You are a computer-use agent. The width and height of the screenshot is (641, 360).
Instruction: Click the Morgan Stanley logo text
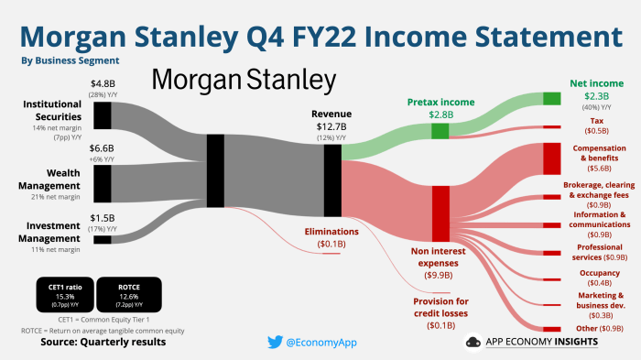click(x=243, y=80)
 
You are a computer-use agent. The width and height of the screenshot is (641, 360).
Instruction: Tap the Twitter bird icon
click(x=275, y=342)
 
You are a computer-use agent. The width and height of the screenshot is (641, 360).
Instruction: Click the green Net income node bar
click(x=551, y=98)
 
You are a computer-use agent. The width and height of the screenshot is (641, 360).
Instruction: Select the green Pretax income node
click(x=440, y=131)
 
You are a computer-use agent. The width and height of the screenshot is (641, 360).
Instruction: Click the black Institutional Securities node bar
click(x=103, y=115)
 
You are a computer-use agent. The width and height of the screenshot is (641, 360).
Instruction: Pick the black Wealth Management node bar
click(x=103, y=183)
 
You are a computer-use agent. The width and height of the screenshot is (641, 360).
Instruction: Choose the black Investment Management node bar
click(x=103, y=239)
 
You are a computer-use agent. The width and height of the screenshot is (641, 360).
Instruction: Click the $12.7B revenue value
click(x=331, y=125)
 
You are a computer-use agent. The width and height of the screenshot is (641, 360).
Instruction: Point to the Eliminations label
click(x=331, y=232)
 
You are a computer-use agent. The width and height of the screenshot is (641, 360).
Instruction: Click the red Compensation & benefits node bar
click(x=551, y=158)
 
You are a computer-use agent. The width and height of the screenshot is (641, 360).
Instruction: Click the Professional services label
click(x=600, y=247)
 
